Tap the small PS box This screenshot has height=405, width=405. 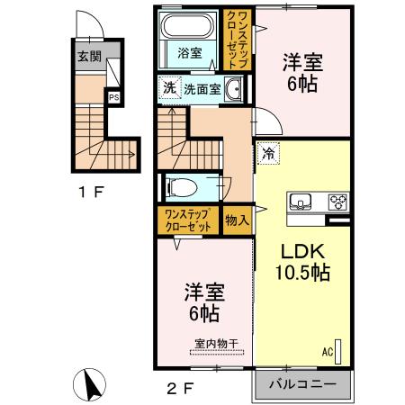pyautogui.click(x=114, y=99)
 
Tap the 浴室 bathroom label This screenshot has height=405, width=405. pyautogui.click(x=187, y=52)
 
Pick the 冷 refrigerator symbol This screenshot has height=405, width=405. pyautogui.click(x=268, y=153)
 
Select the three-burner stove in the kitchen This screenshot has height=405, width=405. pyautogui.click(x=338, y=201)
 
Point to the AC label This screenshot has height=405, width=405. pyautogui.click(x=328, y=352)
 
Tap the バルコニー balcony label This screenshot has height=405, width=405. pyautogui.click(x=303, y=383)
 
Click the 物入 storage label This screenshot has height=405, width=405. pyautogui.click(x=238, y=219)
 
